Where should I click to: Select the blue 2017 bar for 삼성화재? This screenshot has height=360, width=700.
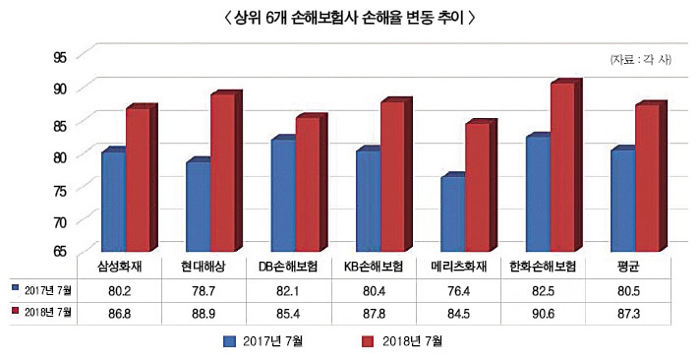point(112,202)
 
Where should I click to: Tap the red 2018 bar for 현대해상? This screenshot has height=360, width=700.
point(222,172)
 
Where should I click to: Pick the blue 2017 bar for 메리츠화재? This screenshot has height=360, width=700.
point(453,213)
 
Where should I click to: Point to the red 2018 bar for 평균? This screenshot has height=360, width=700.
point(648,178)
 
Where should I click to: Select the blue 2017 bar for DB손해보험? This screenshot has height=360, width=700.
point(283,195)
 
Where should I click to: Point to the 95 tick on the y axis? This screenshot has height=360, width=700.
point(61,56)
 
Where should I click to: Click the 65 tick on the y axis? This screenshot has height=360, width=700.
point(61,252)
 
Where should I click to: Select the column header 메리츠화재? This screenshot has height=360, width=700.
point(460,267)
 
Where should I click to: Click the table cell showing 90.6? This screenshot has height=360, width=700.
point(545,312)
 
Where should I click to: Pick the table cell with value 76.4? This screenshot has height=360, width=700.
point(460,289)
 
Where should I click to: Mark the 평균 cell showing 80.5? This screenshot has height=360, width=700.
point(629,289)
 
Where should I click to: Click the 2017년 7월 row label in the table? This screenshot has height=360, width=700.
point(45,289)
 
